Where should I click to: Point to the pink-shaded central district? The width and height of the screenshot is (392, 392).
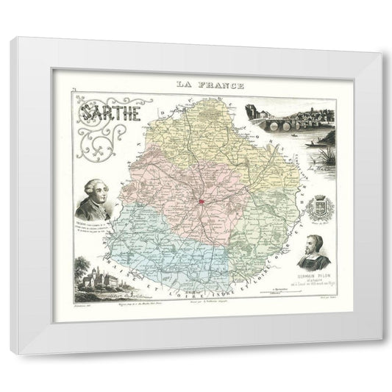(x=177, y=180)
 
